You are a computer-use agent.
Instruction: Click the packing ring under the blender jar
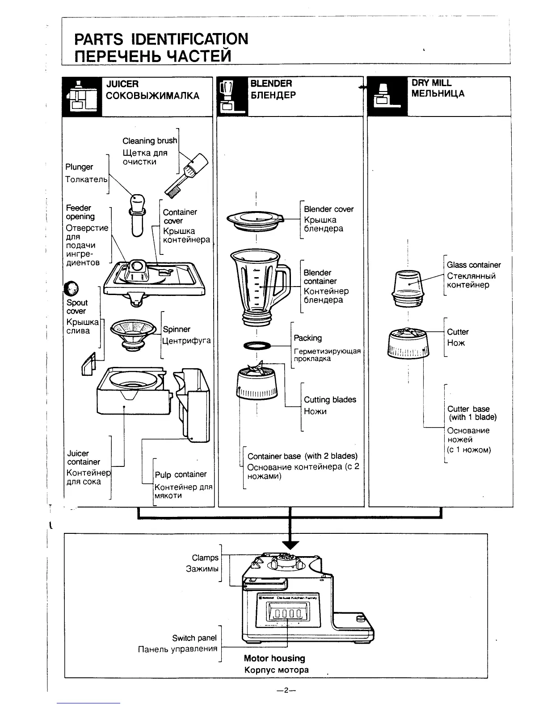(x=257, y=346)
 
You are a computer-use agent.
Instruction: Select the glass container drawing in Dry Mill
(x=408, y=287)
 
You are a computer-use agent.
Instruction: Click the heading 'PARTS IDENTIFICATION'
(x=161, y=39)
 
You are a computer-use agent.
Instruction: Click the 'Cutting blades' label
(x=330, y=399)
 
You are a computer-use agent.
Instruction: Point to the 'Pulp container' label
(x=181, y=474)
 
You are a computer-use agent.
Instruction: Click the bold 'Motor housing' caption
(x=274, y=658)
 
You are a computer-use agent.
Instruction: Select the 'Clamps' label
(x=205, y=557)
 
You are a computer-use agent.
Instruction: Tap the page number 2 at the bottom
(x=286, y=690)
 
